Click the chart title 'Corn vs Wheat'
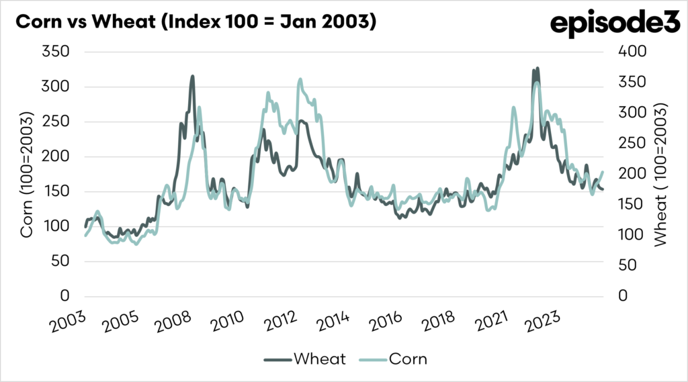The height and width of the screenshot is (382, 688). click(x=195, y=21)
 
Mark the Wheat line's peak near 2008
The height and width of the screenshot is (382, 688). click(x=192, y=77)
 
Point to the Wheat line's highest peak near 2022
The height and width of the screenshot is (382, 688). click(x=537, y=68)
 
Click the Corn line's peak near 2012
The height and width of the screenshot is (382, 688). click(x=300, y=79)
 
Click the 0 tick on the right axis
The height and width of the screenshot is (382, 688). click(x=624, y=296)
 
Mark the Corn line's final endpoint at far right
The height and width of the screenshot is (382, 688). click(x=602, y=173)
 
